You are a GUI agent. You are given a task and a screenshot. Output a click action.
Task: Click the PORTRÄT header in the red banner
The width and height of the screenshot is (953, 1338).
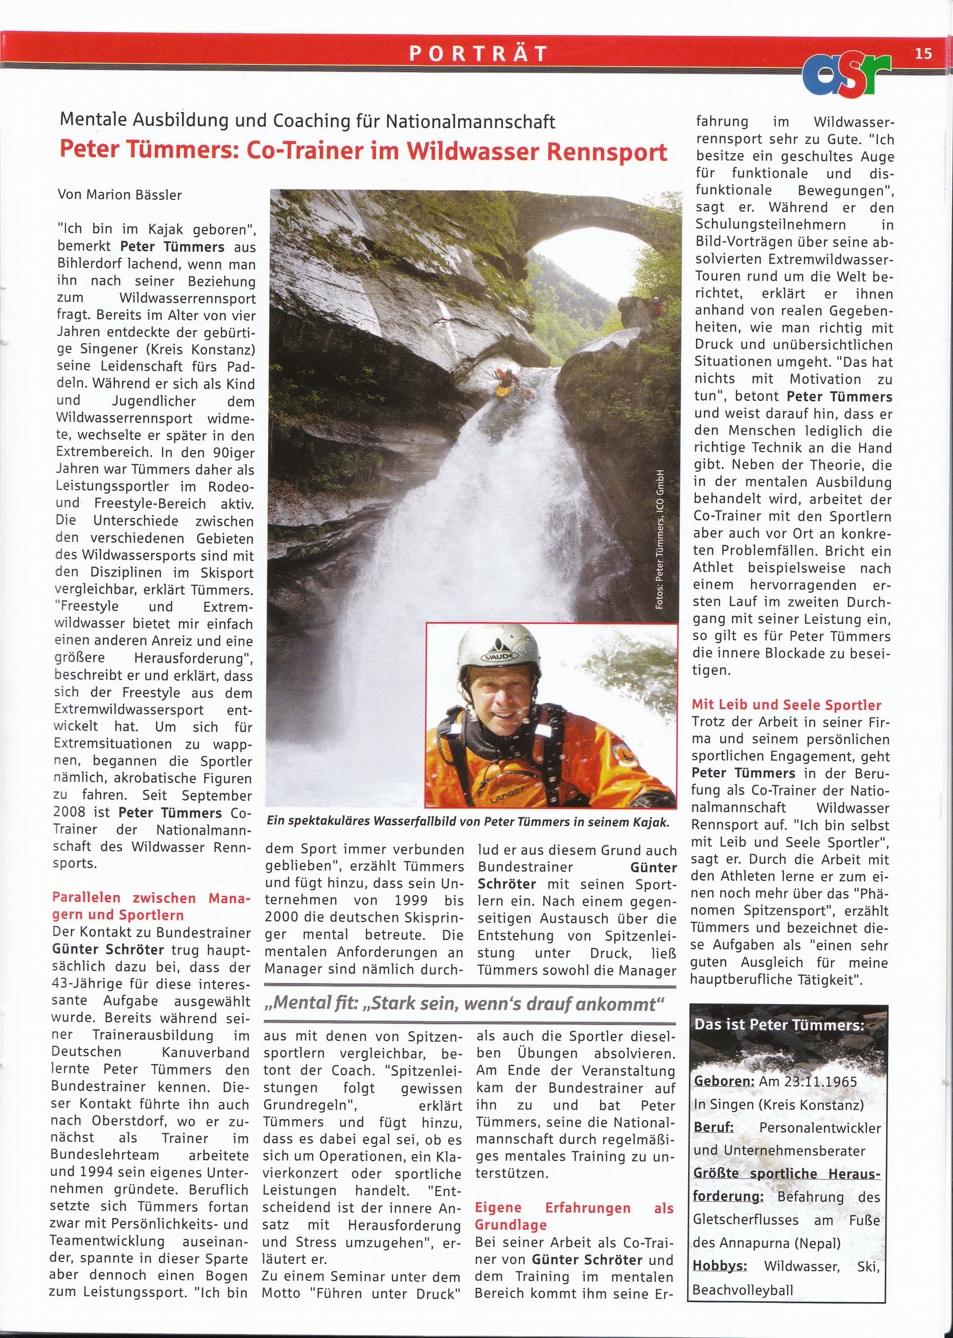point(478,54)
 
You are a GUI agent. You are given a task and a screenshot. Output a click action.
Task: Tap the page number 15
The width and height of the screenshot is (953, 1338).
point(922,54)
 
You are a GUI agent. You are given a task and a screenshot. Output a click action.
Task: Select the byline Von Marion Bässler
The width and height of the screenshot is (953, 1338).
point(120,194)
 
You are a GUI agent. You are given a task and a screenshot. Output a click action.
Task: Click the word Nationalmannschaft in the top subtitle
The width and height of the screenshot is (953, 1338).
point(470,122)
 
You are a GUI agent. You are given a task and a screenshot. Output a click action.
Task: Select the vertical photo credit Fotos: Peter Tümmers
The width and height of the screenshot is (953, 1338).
point(660,538)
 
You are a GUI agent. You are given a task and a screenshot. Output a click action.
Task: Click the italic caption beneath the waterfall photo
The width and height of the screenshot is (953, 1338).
point(468,822)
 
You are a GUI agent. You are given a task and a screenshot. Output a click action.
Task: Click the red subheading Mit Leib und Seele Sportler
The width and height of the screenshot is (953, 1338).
point(786,705)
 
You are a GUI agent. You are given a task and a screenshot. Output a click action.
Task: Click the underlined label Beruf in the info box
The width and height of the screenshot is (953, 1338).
point(714,1127)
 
